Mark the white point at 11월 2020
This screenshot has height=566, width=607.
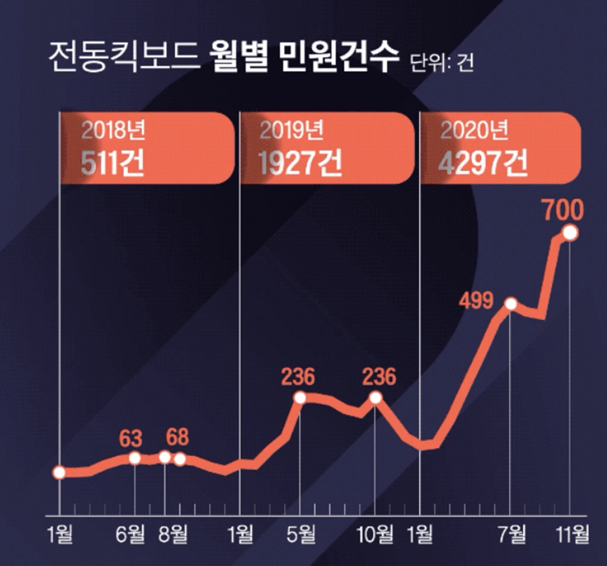570,233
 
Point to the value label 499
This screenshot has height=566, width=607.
475,301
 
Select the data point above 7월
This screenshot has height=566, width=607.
510,305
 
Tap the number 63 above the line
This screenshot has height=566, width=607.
131,439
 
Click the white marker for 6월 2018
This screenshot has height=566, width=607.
135,458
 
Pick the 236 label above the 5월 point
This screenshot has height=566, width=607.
298,378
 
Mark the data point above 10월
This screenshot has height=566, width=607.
375,398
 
